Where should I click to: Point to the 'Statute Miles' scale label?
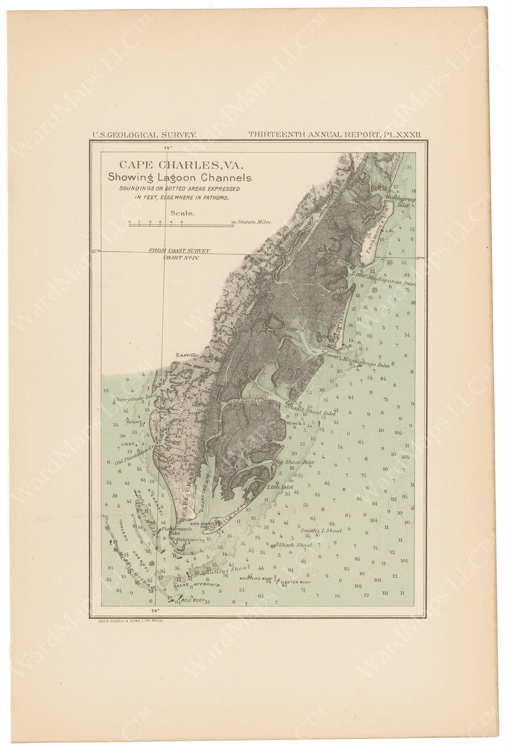tap(254, 221)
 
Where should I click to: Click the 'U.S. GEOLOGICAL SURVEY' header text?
tap(144, 135)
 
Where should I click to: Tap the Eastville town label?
tap(187, 355)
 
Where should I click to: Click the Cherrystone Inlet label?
tap(136, 399)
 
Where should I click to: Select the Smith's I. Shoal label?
tap(321, 530)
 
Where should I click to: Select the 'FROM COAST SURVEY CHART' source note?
tap(179, 253)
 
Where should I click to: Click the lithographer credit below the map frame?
tap(128, 620)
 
